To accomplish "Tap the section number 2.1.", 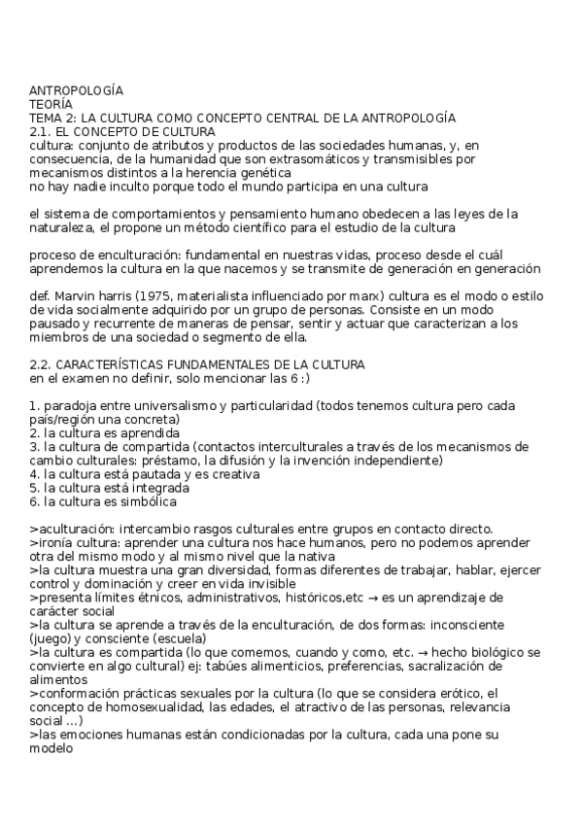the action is (x=40, y=131).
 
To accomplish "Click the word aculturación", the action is (x=71, y=528).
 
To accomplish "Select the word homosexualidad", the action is (x=136, y=706).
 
